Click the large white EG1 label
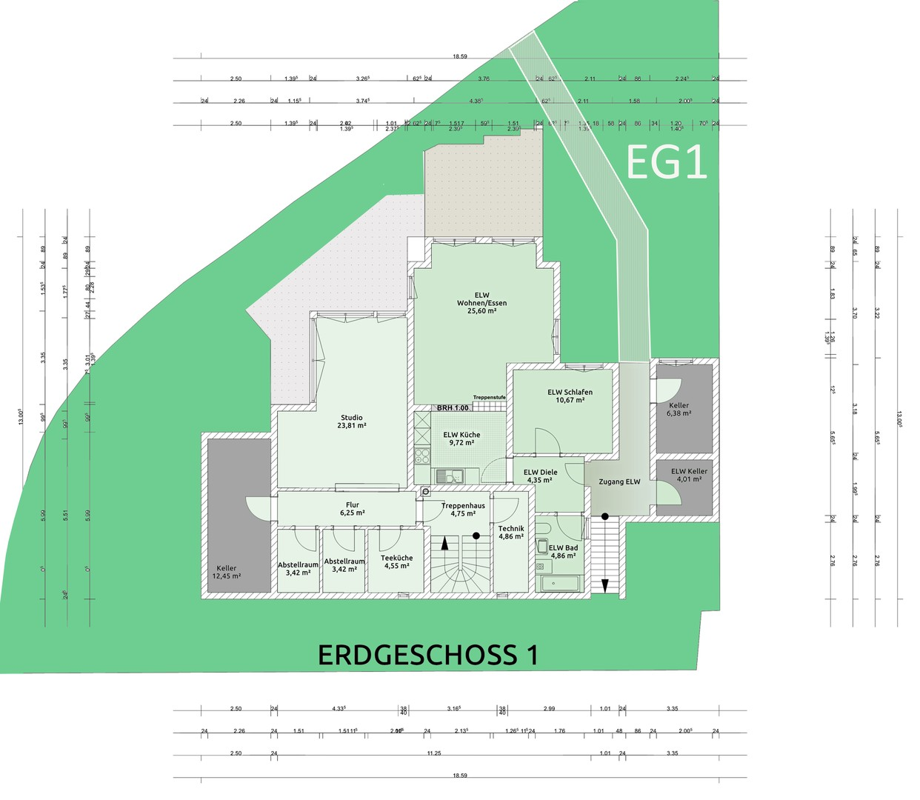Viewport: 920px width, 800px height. pyautogui.click(x=667, y=162)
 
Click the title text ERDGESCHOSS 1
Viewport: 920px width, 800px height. pyautogui.click(x=427, y=655)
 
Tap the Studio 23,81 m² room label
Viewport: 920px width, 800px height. pyautogui.click(x=352, y=421)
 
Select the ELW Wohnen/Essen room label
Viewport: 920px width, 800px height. pyautogui.click(x=481, y=303)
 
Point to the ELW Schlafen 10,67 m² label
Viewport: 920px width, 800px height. pyautogui.click(x=570, y=396)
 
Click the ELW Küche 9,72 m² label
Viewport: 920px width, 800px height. pyautogui.click(x=461, y=439)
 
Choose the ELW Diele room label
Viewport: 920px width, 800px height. pyautogui.click(x=540, y=476)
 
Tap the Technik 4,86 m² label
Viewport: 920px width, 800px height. pyautogui.click(x=511, y=533)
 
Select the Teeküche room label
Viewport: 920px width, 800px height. pyautogui.click(x=397, y=561)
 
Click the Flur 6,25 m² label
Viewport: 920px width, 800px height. pyautogui.click(x=352, y=509)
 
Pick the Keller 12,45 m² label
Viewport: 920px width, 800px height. pyautogui.click(x=227, y=572)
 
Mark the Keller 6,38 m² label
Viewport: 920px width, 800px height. pyautogui.click(x=679, y=409)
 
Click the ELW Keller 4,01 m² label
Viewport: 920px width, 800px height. pyautogui.click(x=689, y=475)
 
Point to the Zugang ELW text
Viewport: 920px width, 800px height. pyautogui.click(x=619, y=482)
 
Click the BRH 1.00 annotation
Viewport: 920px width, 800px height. pyautogui.click(x=453, y=408)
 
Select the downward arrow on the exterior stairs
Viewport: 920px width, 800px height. pyautogui.click(x=605, y=585)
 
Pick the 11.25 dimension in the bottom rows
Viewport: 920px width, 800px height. pyautogui.click(x=433, y=753)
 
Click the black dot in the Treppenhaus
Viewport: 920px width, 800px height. pyautogui.click(x=476, y=536)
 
